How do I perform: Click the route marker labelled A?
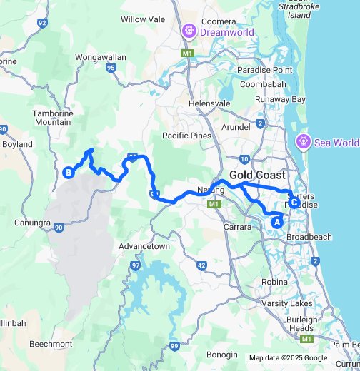pos(276,222)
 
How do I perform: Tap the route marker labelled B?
pos(69,172)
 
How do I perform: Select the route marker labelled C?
pos(294,202)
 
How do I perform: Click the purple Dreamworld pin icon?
pos(189,31)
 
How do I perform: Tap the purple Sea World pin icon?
pos(303,142)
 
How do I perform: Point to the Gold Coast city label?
pos(258,175)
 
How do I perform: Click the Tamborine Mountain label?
pos(53,118)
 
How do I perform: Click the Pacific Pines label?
pos(186,136)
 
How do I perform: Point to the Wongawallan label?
pos(101,55)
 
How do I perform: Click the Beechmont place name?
pos(51,344)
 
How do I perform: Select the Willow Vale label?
pos(143,20)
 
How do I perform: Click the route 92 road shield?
pos(42,23)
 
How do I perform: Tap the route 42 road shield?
pos(202,265)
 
